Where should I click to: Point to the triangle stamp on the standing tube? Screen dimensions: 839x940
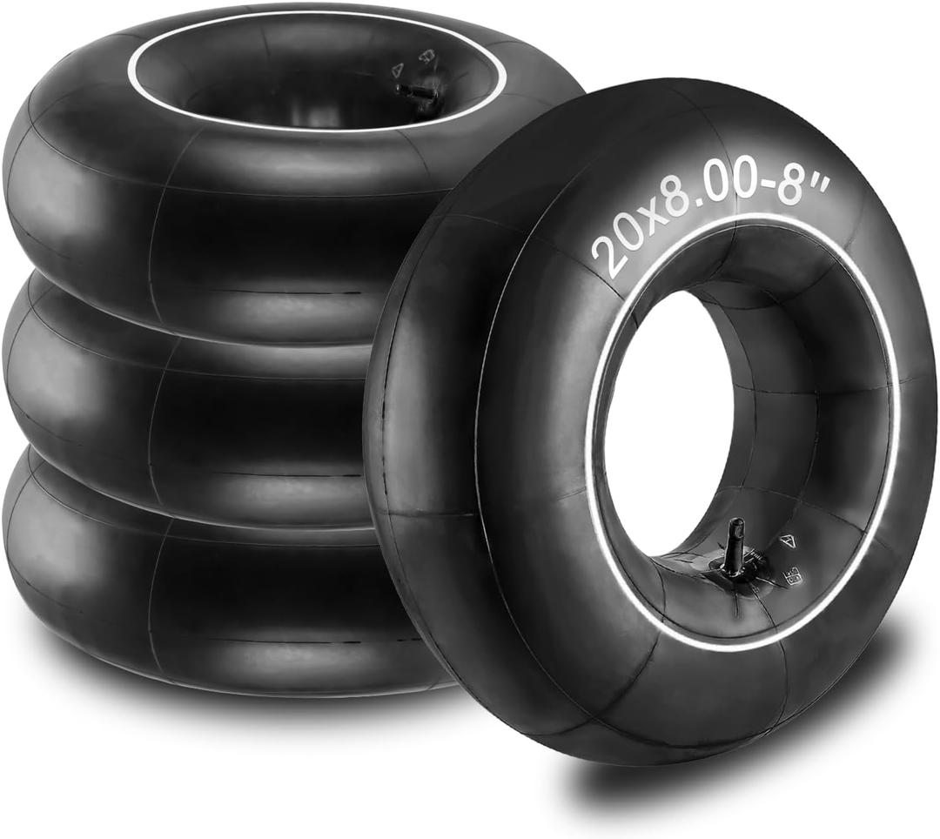[x=788, y=540]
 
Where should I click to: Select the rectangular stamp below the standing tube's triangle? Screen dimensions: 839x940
[x=795, y=575]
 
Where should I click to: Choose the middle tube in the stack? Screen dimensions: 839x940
[x=174, y=392]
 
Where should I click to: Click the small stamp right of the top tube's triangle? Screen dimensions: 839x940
[x=426, y=57]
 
